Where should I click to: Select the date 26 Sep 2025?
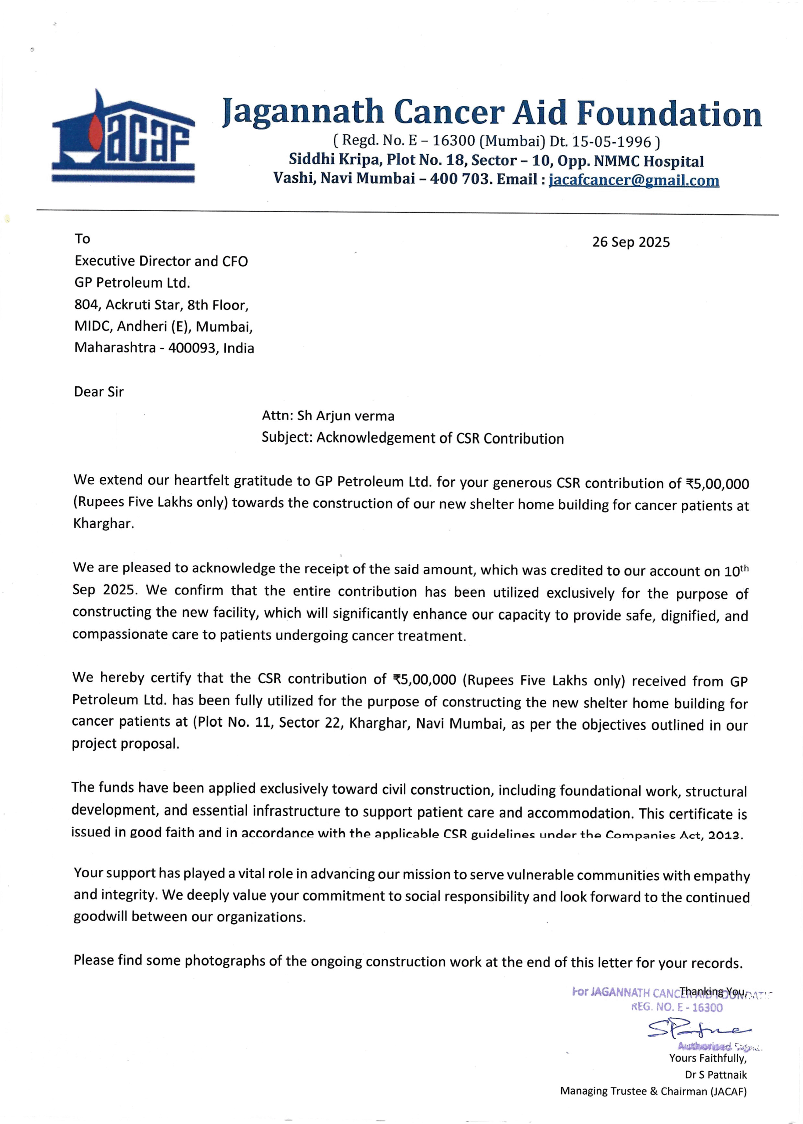coord(630,242)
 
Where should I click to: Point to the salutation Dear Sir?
coord(98,392)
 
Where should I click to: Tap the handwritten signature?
coord(698,1030)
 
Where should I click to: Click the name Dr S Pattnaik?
coord(716,1074)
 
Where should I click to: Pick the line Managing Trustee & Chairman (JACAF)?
coord(653,1092)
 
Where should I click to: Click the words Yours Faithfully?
coord(708,1058)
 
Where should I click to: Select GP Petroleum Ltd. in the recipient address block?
coord(132,282)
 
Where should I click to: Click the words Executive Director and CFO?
coord(161,261)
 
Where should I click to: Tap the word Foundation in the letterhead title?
coord(669,113)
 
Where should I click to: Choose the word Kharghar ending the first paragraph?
coord(102,524)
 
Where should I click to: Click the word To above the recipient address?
coord(82,239)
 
